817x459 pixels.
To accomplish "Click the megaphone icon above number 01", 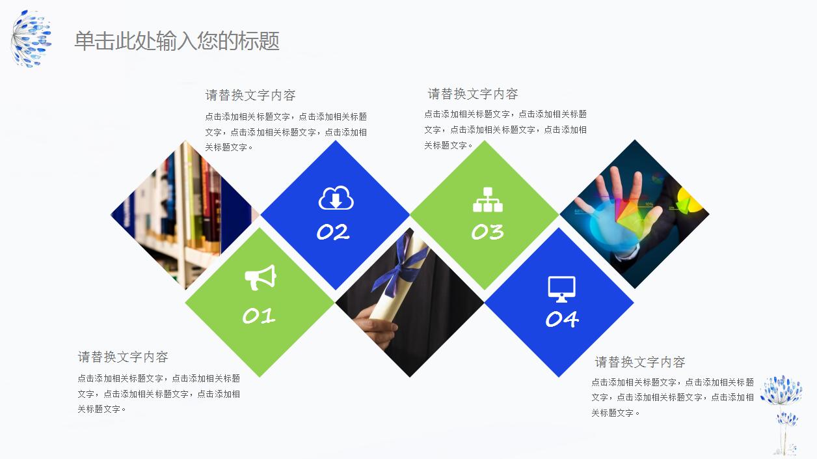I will click(260, 278).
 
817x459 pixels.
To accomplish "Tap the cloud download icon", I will click(336, 198).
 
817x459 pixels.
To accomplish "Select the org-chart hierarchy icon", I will click(487, 200).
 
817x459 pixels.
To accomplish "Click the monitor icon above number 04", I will click(561, 288).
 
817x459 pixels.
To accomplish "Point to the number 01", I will click(259, 316).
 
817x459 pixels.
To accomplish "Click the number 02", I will click(333, 232).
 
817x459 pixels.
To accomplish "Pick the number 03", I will click(487, 232).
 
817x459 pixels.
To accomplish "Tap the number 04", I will click(562, 319).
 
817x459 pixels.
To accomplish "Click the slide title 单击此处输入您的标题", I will click(177, 41).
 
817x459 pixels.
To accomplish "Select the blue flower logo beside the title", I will click(31, 39).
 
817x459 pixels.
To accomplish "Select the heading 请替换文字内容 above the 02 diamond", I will click(250, 95).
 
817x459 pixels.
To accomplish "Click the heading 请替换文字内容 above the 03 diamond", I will click(473, 94).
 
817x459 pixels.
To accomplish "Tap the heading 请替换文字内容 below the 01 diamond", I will click(123, 357).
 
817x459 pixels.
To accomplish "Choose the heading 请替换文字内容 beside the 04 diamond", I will click(640, 362).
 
